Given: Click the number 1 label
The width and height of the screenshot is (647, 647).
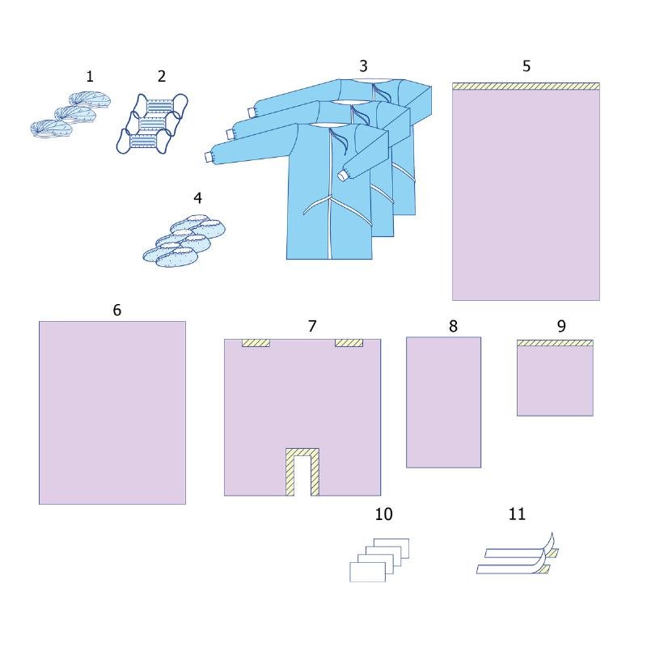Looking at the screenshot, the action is pos(90,76).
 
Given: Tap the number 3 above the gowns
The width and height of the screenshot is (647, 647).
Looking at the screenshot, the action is pos(363,66).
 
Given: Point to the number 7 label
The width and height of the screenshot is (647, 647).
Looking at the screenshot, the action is pos(312,326).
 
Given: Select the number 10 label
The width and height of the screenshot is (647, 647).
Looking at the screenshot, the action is pos(383,514).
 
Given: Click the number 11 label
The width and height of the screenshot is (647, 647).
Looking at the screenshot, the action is pos(517,514).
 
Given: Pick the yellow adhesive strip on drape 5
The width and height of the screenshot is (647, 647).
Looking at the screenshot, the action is pos(526,87).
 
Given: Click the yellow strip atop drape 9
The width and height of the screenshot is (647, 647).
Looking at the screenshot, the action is pos(555,343).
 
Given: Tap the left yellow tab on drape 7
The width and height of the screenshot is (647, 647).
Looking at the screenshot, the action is pos(256,343).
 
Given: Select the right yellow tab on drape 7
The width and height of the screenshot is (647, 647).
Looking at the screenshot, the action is pos(349,343).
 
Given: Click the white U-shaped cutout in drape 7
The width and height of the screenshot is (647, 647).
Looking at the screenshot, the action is pos(302,476).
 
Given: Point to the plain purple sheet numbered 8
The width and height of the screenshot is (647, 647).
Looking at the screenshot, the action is pos(443,402).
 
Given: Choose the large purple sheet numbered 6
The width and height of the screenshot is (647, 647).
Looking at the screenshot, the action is pos(112,412).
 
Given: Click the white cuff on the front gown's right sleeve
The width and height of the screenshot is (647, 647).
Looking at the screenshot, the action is pos(343,176).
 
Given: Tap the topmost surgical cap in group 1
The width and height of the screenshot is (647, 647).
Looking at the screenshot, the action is pos(90,100).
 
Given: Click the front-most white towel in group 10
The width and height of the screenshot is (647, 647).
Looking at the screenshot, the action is pos(368,572).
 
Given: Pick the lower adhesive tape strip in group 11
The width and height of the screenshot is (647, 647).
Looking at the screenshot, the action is pos(513,569).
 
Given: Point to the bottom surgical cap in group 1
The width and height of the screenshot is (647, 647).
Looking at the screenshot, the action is pos(52,129).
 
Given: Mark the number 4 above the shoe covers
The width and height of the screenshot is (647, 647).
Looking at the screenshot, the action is pos(197,198).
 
